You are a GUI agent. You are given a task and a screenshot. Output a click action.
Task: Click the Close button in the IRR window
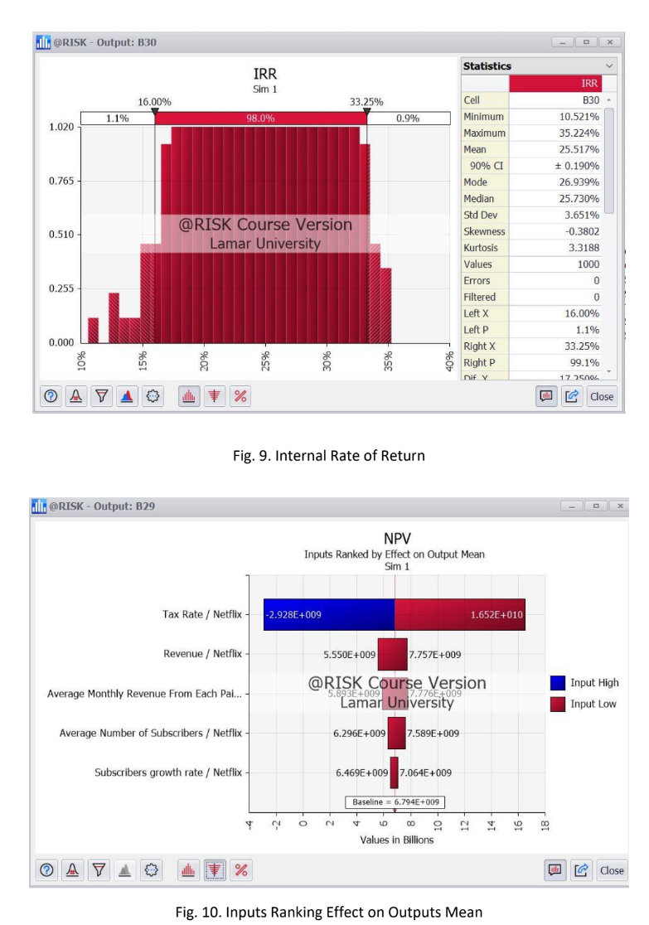point(602,396)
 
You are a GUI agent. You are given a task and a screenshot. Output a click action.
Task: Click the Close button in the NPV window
point(612,870)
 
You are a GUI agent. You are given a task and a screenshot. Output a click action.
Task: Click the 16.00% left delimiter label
point(154,103)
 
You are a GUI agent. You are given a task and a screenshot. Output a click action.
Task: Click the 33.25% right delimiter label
point(366,103)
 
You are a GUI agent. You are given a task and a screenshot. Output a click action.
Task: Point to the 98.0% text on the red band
point(261,119)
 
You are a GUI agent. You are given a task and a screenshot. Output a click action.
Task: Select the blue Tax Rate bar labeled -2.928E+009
point(329,615)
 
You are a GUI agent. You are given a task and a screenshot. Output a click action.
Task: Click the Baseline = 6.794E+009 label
point(395,802)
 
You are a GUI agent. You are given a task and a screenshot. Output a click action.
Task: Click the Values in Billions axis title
point(395,839)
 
